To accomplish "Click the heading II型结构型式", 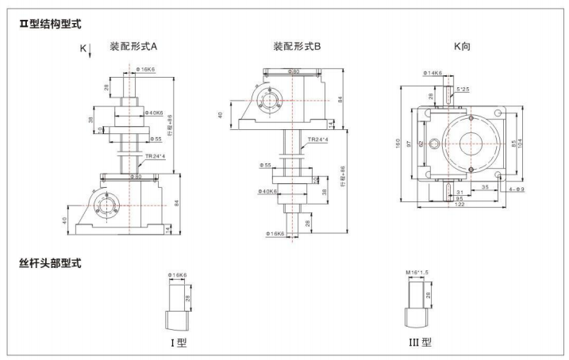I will [49, 25].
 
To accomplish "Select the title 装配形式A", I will [133, 47].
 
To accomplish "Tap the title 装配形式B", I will [297, 47].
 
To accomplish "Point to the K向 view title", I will [462, 47].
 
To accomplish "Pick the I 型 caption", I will [178, 343].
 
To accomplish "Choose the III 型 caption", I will [421, 343].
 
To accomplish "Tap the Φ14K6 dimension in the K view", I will [433, 74].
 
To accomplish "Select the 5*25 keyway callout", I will [465, 89].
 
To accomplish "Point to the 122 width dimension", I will [459, 205].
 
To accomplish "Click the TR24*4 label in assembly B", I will [318, 140].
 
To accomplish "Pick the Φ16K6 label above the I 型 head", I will [178, 274].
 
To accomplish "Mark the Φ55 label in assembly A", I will [157, 139].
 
